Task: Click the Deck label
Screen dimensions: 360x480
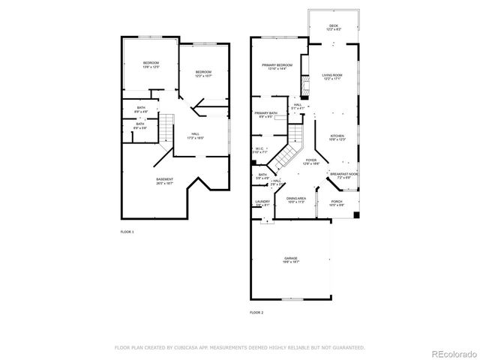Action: pos(333,25)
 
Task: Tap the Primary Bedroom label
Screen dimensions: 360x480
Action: pos(277,66)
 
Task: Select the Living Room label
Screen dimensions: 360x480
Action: pos(333,76)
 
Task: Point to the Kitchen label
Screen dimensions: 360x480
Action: pos(336,136)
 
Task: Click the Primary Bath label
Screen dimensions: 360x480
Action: pos(266,113)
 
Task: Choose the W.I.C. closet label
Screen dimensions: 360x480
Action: pos(259,148)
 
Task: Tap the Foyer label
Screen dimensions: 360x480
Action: pos(310,160)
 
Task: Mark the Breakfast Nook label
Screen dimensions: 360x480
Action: pos(343,174)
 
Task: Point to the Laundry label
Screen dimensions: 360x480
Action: pos(262,201)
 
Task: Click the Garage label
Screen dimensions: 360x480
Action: pos(291,258)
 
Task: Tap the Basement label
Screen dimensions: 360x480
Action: pos(164,179)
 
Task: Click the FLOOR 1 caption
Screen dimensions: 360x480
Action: pos(127,232)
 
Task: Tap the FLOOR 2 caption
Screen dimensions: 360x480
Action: pos(256,311)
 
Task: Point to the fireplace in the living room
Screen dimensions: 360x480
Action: pos(304,82)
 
